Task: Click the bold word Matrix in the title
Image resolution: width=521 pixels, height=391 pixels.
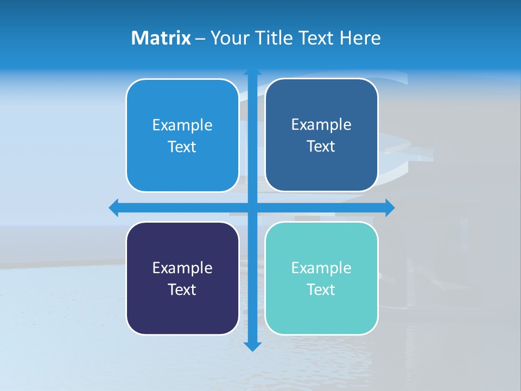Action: [x=161, y=38]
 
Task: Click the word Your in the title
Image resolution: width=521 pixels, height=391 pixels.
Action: [x=229, y=38]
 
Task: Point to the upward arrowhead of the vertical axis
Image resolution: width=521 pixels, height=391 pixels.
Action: [x=252, y=72]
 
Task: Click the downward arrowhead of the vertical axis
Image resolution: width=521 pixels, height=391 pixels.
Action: [x=252, y=346]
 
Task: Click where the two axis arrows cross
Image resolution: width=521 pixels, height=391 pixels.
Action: [x=252, y=207]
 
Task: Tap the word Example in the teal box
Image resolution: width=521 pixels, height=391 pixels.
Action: [x=321, y=268]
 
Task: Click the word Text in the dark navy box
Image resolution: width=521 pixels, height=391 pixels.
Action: [x=182, y=289]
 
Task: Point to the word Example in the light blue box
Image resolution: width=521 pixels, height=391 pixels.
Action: [x=182, y=125]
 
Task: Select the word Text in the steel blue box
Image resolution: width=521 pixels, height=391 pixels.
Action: [x=321, y=146]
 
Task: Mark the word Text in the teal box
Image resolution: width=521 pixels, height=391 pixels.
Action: [x=321, y=289]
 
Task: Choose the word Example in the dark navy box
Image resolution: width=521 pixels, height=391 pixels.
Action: [x=182, y=268]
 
